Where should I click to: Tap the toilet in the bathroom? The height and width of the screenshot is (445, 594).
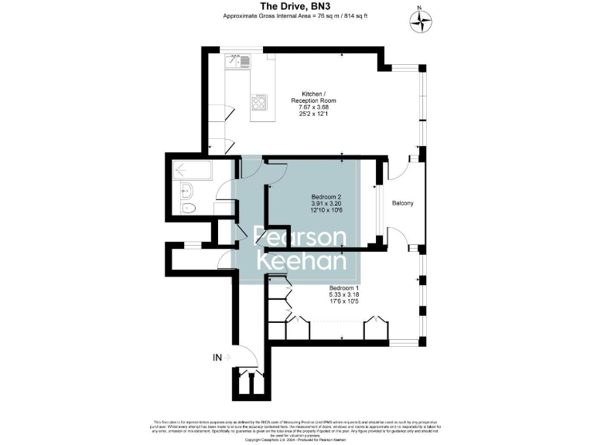click(186, 209)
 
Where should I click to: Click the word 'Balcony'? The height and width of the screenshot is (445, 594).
click(402, 203)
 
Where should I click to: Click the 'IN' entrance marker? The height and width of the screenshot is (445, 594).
click(218, 357)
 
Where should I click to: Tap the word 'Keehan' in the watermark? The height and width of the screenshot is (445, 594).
click(302, 261)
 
